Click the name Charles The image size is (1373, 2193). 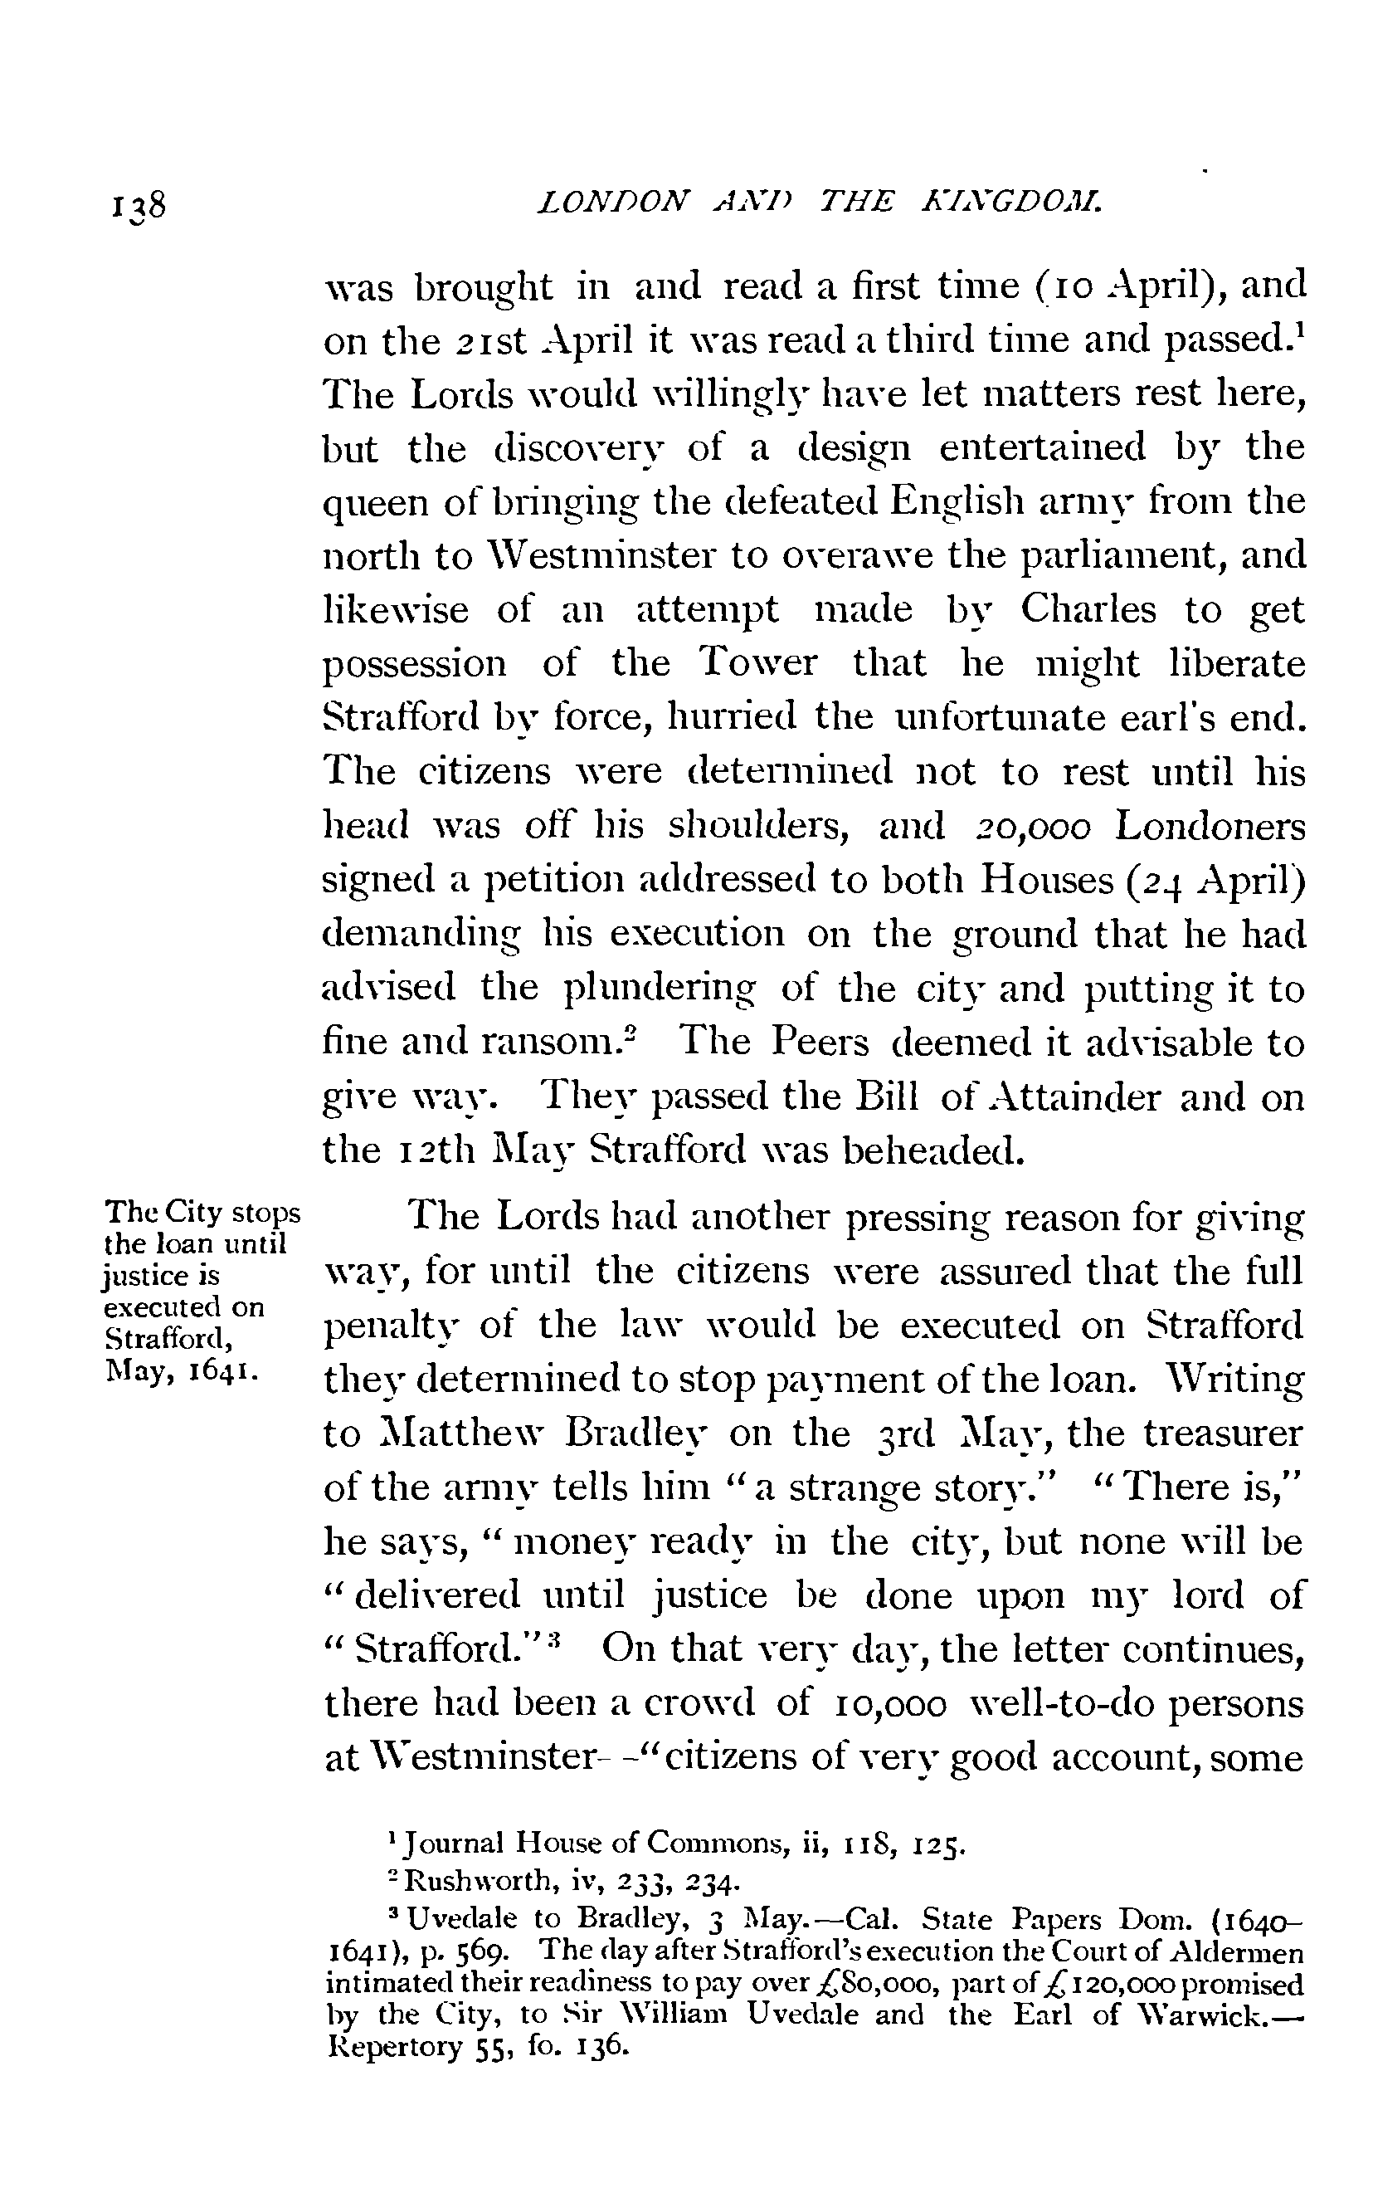click(1088, 608)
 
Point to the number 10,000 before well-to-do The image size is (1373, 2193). click(888, 1703)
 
